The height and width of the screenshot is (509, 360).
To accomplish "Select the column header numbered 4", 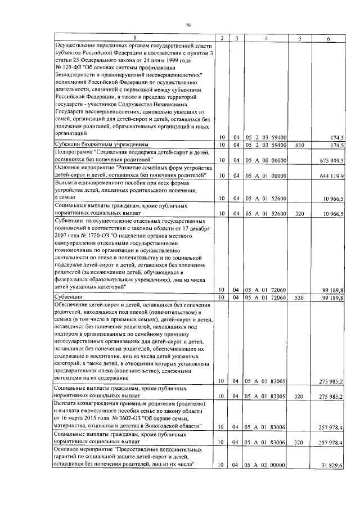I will point(265,38).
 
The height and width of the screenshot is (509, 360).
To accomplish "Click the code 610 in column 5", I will point(300,145).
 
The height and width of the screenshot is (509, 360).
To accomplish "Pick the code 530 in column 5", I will point(300,297).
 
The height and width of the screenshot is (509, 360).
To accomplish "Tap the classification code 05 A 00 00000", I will point(265,160).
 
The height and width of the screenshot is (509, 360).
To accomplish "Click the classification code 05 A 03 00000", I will point(265,465).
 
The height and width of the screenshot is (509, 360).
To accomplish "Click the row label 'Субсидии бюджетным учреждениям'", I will point(93,145).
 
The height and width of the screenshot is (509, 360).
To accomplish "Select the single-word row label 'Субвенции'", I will point(69,297).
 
